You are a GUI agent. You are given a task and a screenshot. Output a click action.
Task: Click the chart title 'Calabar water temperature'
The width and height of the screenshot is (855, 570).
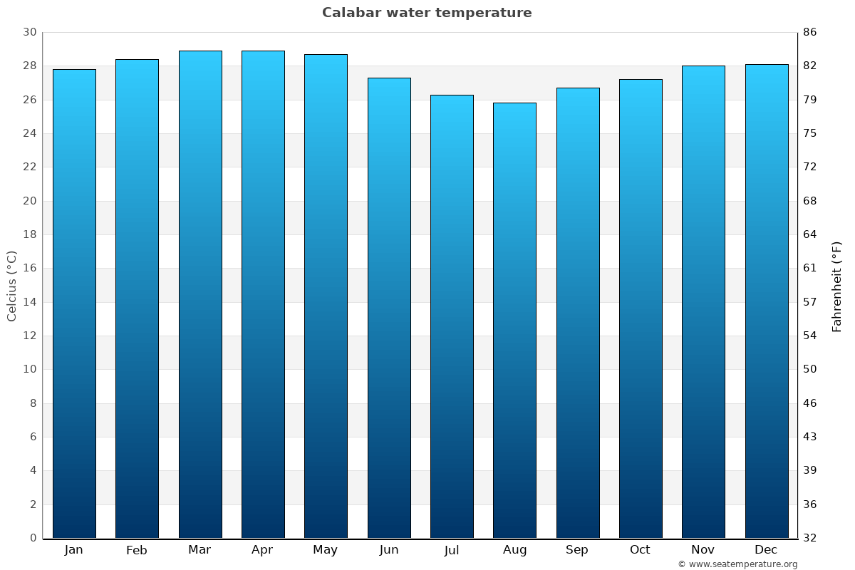tap(427, 13)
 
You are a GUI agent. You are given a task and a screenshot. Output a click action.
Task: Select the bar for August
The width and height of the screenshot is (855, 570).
tap(514, 321)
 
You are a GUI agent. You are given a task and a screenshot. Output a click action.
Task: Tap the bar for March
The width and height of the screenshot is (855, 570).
tap(200, 294)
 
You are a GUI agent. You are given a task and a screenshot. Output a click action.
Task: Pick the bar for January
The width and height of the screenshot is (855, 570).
tap(74, 304)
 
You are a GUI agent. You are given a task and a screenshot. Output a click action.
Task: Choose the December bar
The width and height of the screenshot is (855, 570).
tap(767, 301)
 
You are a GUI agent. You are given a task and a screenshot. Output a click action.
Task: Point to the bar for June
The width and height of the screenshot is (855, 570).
tap(389, 308)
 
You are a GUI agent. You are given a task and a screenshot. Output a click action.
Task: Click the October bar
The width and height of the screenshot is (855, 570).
tap(641, 309)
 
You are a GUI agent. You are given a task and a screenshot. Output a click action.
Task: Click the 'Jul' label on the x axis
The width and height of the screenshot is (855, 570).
tap(452, 550)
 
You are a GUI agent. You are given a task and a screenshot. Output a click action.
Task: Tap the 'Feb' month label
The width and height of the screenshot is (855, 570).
tap(137, 550)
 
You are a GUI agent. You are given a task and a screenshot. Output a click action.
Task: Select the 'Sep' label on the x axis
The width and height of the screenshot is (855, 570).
tap(577, 550)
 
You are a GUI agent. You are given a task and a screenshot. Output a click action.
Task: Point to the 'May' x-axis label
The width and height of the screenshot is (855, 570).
tap(326, 550)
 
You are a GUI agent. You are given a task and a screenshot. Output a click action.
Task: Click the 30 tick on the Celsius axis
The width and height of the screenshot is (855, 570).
tap(29, 32)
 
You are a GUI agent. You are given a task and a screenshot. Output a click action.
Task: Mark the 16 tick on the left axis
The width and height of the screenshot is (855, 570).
tap(29, 268)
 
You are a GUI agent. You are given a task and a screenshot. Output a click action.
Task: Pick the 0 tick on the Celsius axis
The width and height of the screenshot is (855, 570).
tap(33, 538)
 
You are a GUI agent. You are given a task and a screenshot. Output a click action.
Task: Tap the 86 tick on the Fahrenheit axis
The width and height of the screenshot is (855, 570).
tap(809, 32)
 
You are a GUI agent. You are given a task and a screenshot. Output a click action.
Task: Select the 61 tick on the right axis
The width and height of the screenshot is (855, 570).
tap(809, 268)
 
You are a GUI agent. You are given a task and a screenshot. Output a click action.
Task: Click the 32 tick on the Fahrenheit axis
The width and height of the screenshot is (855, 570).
tap(809, 538)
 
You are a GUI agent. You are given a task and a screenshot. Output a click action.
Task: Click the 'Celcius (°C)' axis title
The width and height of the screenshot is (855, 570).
tap(11, 285)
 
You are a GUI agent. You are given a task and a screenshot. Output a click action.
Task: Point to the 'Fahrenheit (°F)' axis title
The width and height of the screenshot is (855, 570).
tap(837, 286)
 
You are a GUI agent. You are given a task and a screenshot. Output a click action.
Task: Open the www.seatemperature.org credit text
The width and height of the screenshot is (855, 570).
tap(737, 564)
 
